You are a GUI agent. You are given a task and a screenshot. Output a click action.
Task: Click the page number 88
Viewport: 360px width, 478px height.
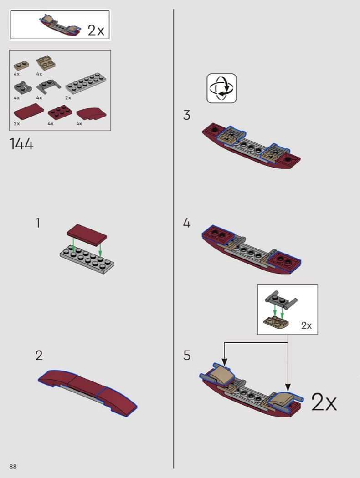click(x=13, y=467)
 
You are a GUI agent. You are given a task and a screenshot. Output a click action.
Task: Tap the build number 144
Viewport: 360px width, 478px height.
click(x=21, y=144)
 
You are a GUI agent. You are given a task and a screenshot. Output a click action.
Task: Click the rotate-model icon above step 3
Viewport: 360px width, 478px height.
click(x=221, y=88)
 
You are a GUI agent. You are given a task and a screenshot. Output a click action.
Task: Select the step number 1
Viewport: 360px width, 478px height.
click(x=38, y=223)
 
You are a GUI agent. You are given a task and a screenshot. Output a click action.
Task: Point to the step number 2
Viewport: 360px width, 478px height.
click(x=39, y=356)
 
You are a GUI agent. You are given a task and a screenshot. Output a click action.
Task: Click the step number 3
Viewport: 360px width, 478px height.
click(x=186, y=115)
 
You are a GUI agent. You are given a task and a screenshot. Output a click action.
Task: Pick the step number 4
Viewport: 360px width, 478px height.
click(x=187, y=223)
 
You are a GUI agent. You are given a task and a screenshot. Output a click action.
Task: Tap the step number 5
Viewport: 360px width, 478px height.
click(x=187, y=356)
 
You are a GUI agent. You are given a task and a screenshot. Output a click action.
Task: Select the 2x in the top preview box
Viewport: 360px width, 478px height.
click(x=96, y=30)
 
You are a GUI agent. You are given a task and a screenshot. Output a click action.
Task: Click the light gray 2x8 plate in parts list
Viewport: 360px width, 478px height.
click(x=86, y=83)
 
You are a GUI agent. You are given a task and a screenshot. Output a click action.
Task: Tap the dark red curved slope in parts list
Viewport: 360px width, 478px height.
click(x=91, y=114)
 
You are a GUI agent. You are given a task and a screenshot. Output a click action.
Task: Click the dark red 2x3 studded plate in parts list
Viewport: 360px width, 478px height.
click(x=60, y=112)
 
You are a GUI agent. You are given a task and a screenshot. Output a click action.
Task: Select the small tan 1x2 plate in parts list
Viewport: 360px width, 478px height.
click(x=21, y=66)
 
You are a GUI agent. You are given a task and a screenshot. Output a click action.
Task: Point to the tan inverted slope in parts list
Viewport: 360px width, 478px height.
click(x=46, y=63)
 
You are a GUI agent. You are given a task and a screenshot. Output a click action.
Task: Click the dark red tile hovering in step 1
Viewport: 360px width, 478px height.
click(x=87, y=235)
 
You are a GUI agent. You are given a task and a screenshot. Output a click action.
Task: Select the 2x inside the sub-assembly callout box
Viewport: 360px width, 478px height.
click(x=306, y=325)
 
